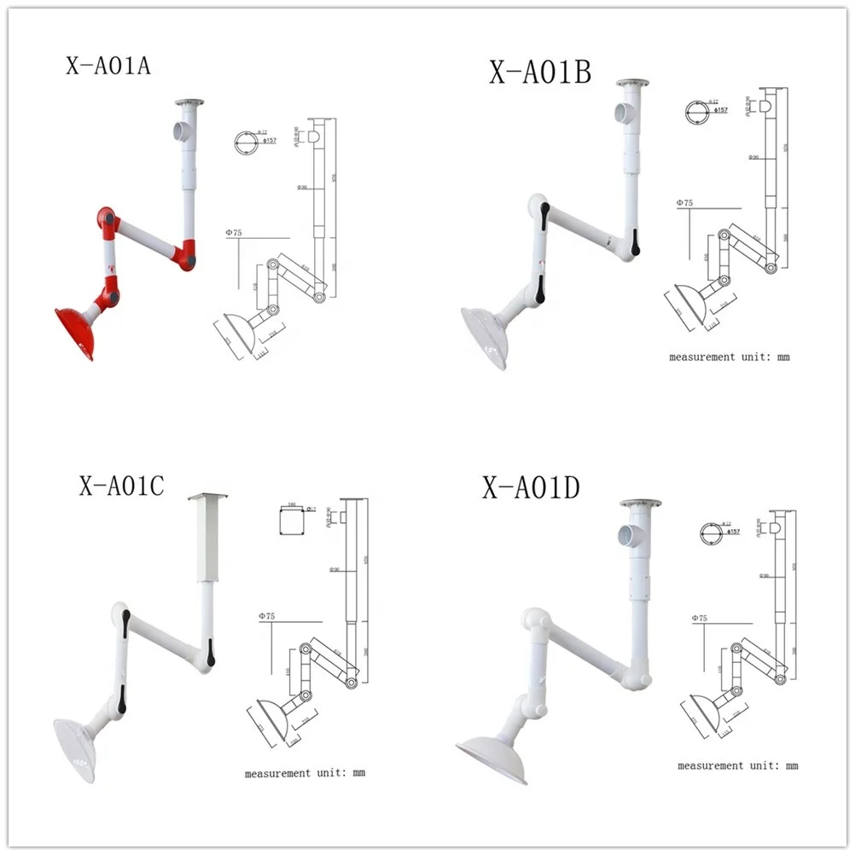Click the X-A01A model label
click(x=108, y=66)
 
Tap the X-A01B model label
click(x=539, y=73)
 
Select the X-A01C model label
click(x=121, y=486)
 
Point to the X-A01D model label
click(x=531, y=488)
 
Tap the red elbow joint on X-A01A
click(x=107, y=220)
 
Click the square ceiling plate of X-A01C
click(x=208, y=496)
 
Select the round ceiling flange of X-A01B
click(x=632, y=84)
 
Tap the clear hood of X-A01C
click(x=75, y=749)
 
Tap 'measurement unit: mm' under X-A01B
click(x=729, y=358)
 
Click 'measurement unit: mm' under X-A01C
click(x=305, y=773)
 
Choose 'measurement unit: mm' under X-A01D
click(x=737, y=766)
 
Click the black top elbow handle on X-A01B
click(x=544, y=218)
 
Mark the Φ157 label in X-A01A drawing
click(x=270, y=141)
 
